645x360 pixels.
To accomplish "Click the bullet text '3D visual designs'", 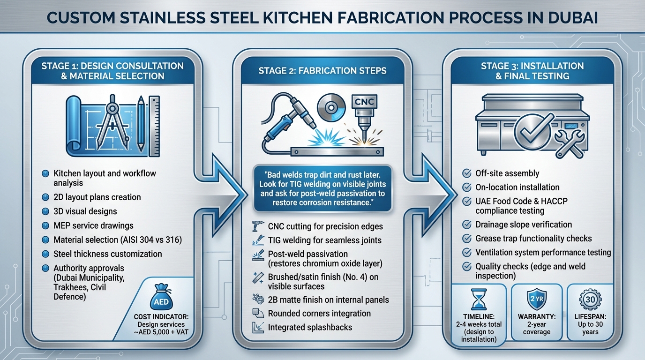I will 85,211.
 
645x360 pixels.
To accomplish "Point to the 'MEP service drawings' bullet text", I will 93,225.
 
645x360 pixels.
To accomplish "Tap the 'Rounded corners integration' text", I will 319,313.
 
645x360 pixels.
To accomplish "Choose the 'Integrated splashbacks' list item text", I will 310,327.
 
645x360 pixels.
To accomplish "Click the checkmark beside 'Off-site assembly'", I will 466,173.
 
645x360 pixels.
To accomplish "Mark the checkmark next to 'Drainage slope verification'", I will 466,225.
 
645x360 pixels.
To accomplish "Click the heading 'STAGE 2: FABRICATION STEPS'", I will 322,71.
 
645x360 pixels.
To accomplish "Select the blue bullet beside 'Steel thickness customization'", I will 45,254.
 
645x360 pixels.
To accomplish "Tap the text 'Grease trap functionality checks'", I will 533,238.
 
